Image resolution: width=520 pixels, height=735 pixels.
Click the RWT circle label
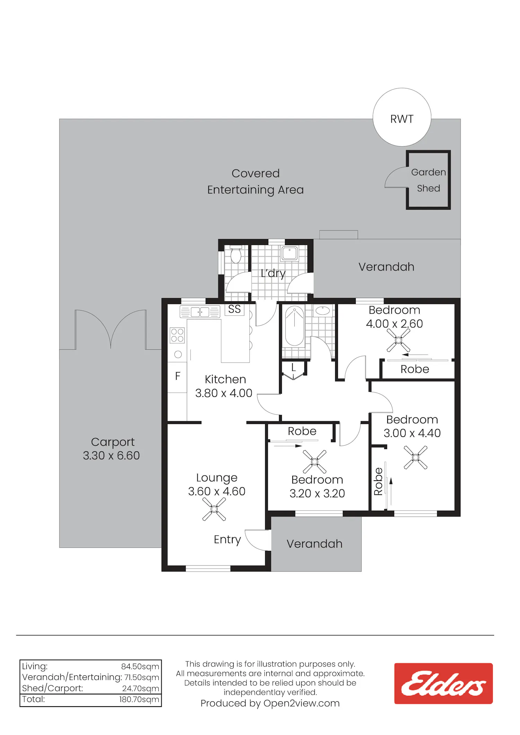pyautogui.click(x=402, y=119)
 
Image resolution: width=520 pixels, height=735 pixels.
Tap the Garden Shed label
pyautogui.click(x=428, y=180)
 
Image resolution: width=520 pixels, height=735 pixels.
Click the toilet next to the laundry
pyautogui.click(x=236, y=254)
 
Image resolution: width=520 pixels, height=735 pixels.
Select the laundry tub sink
pyautogui.click(x=289, y=253)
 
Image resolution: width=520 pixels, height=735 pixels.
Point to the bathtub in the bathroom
pyautogui.click(x=295, y=326)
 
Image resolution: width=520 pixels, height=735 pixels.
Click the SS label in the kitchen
pyautogui.click(x=234, y=309)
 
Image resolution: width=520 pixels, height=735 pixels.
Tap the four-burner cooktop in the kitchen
pyautogui.click(x=177, y=335)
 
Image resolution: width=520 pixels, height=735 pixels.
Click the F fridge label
pyautogui.click(x=178, y=376)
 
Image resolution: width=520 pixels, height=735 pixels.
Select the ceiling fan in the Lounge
pyautogui.click(x=214, y=509)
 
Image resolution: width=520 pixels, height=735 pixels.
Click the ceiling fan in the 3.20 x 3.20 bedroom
pyautogui.click(x=314, y=462)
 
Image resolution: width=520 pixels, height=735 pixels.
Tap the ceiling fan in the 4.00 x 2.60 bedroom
pyautogui.click(x=398, y=340)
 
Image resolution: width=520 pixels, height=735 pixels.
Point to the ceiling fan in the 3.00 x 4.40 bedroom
pyautogui.click(x=416, y=458)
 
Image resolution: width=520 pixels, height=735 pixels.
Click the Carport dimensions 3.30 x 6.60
pyautogui.click(x=111, y=455)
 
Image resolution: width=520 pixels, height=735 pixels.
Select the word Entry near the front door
pyautogui.click(x=227, y=540)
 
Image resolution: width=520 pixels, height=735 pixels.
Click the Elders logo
pyautogui.click(x=443, y=683)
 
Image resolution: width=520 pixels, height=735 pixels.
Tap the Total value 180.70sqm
pyautogui.click(x=139, y=699)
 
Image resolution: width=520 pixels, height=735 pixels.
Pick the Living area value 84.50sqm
pyautogui.click(x=140, y=666)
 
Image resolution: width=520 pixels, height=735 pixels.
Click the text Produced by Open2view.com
pyautogui.click(x=270, y=703)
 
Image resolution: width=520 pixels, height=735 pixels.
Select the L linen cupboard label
pyautogui.click(x=294, y=367)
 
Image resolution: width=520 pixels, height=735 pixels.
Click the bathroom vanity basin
pyautogui.click(x=323, y=310)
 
